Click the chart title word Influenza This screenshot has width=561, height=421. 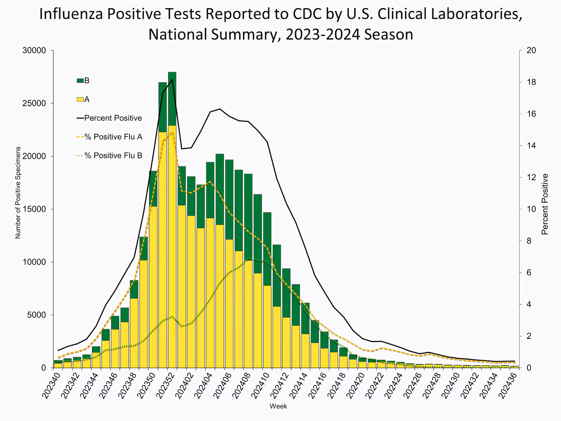point(71,14)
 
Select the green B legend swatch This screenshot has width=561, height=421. point(80,81)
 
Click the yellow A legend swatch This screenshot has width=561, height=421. point(80,99)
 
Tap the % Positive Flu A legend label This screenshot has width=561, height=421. point(113,137)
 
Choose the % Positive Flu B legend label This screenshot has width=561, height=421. point(113,156)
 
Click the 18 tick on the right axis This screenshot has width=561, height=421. point(531,82)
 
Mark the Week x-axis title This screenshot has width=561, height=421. point(278,406)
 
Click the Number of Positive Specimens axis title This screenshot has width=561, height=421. point(18,192)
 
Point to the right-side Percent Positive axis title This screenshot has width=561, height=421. point(545,204)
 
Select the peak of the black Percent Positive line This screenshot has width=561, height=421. point(172,80)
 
